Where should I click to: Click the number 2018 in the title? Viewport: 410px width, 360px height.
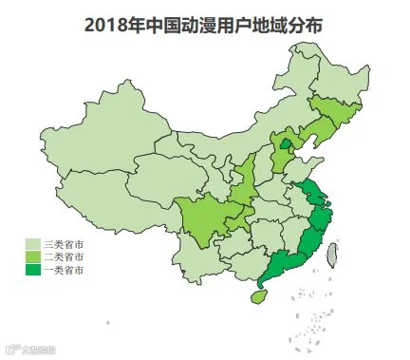pos(102,26)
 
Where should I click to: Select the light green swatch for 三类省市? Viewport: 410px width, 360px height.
pos(32,244)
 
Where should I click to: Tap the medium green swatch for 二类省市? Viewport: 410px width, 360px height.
pos(32,257)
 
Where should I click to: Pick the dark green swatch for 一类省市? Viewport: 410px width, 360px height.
pos(32,271)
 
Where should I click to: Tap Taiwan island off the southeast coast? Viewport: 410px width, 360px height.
pos(333,254)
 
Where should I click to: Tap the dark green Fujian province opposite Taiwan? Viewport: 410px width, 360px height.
pos(308,245)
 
